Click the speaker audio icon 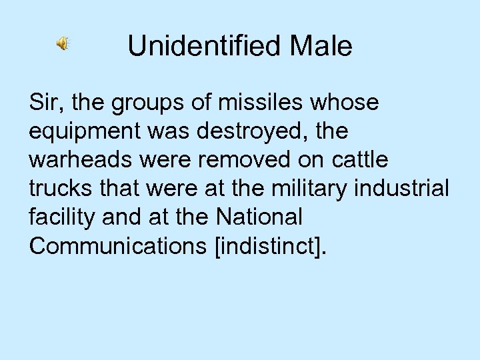(62, 45)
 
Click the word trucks (59, 189)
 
